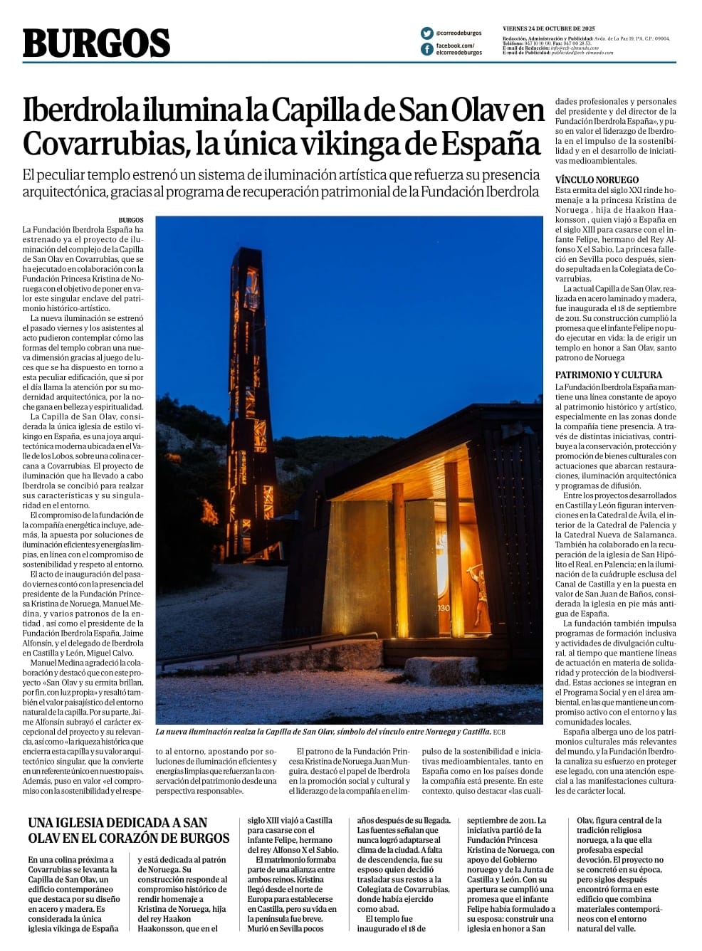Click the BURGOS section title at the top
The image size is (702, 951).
pyautogui.click(x=96, y=43)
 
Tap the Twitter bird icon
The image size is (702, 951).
pyautogui.click(x=426, y=33)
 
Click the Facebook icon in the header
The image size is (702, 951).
pyautogui.click(x=426, y=49)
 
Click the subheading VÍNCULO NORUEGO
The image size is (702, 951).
pyautogui.click(x=597, y=180)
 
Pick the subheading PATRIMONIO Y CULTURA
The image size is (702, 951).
pyautogui.click(x=608, y=375)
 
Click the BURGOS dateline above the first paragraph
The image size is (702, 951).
pyautogui.click(x=131, y=221)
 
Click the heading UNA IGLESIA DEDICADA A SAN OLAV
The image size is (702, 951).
pyautogui.click(x=128, y=829)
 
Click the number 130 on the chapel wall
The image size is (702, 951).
pyautogui.click(x=444, y=608)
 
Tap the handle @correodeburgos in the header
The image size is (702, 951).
pyautogui.click(x=459, y=33)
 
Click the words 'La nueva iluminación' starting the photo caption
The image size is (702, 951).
pyautogui.click(x=191, y=732)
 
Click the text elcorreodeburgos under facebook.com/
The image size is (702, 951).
pyautogui.click(x=459, y=53)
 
